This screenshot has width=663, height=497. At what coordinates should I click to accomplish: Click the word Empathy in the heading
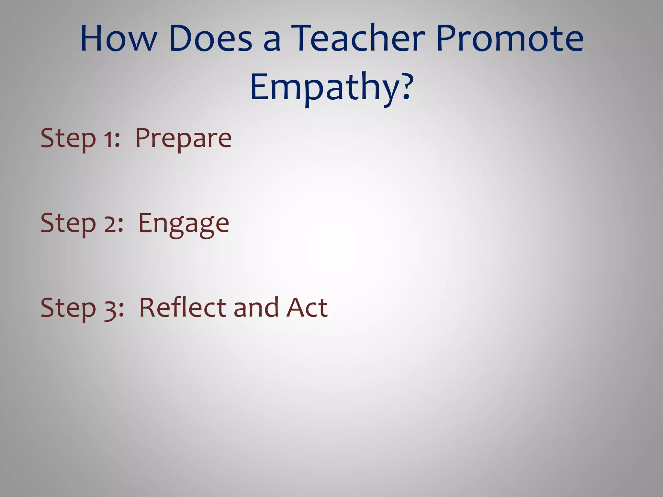(325, 87)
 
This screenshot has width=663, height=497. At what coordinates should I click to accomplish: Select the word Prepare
(183, 138)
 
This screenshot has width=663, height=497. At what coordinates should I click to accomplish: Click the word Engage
(184, 224)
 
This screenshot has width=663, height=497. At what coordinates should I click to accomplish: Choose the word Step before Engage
(68, 224)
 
